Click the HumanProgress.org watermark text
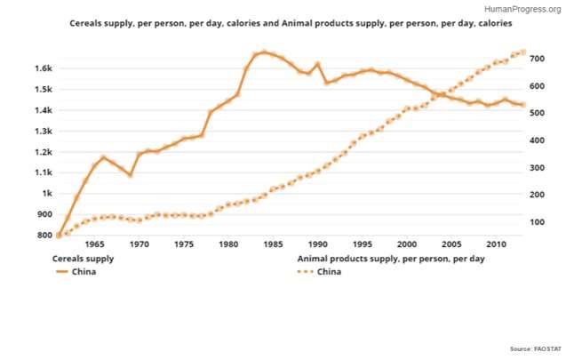(x=523, y=9)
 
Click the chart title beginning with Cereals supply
(x=291, y=24)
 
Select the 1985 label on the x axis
(x=273, y=245)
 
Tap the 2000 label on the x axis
(x=406, y=245)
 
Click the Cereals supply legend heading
(x=83, y=259)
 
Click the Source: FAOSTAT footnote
(x=541, y=348)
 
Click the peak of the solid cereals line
(x=264, y=52)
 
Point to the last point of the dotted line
(x=522, y=52)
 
